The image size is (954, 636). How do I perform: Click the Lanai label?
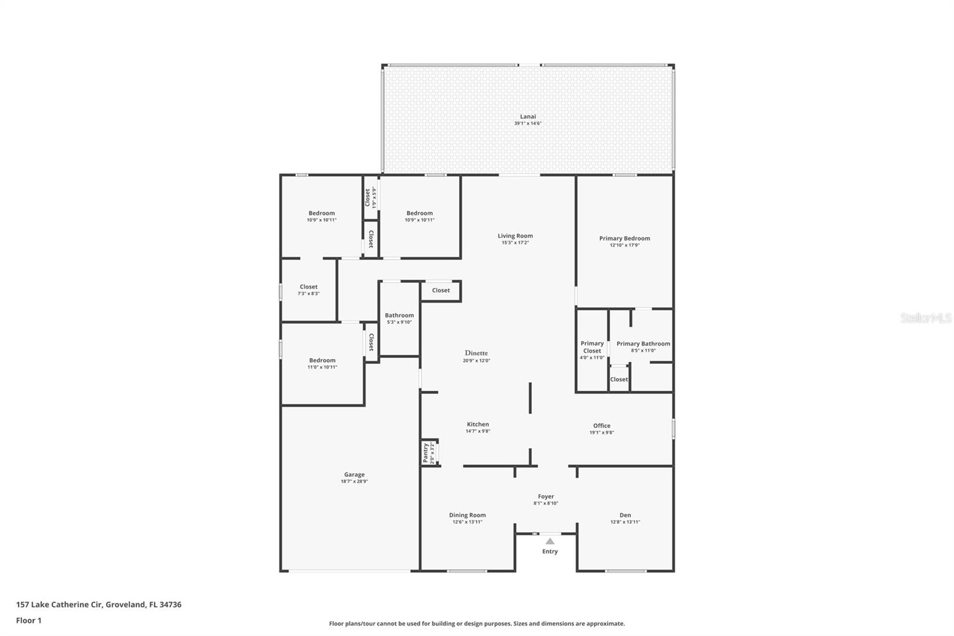(x=528, y=116)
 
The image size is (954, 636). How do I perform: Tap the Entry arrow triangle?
(x=550, y=541)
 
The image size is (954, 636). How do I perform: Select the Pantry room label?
(x=425, y=453)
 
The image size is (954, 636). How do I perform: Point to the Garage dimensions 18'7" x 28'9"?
(x=354, y=481)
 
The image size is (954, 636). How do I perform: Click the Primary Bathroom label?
(x=643, y=344)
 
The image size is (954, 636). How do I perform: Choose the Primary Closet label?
(x=592, y=347)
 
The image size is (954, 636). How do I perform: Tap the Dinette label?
(x=476, y=353)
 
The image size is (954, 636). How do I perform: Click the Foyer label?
(x=546, y=496)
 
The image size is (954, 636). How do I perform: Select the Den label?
(x=625, y=515)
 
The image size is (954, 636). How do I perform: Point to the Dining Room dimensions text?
(x=467, y=522)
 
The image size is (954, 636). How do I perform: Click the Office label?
(x=602, y=425)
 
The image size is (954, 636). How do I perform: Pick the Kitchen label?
(x=478, y=424)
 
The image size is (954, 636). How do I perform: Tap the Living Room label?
(x=515, y=236)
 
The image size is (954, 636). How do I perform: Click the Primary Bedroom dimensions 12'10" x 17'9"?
(x=624, y=245)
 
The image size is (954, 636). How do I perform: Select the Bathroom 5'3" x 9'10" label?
(x=399, y=315)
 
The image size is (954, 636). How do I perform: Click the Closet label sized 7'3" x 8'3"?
(x=308, y=287)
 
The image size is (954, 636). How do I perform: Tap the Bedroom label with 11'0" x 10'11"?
(x=322, y=360)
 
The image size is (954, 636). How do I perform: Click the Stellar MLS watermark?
(x=925, y=318)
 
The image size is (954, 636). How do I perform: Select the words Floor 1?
(x=29, y=620)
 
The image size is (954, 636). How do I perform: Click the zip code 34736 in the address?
(x=170, y=604)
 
